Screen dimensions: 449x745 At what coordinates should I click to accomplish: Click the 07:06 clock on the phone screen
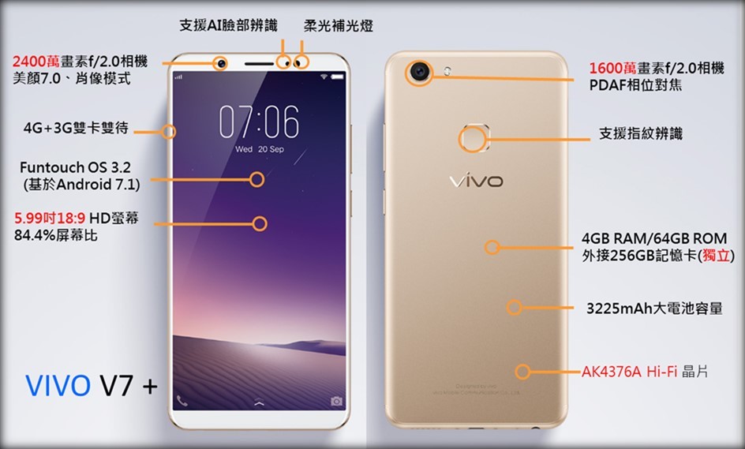coord(259,122)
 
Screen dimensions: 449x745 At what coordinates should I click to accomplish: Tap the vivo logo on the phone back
coord(475,181)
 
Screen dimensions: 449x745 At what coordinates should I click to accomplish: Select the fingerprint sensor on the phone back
coord(472,139)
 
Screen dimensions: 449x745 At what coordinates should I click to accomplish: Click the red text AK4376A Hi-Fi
coord(629,371)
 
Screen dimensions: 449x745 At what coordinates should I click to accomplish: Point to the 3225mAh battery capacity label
coord(654,308)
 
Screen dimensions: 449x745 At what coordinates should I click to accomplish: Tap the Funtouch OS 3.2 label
coord(75,167)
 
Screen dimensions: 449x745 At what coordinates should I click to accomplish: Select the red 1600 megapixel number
coord(608,68)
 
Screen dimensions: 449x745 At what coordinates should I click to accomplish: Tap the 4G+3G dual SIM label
coord(76,128)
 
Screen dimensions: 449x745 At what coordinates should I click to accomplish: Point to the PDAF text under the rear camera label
coord(608,85)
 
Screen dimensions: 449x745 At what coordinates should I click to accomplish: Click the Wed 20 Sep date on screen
coord(260,149)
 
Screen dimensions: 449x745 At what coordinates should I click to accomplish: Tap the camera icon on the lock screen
coord(337,402)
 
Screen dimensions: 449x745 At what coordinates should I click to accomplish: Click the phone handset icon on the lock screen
coord(182,401)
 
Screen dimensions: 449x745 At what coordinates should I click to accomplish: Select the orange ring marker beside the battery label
coord(515,307)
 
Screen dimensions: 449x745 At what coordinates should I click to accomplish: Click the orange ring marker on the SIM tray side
coord(169,131)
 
